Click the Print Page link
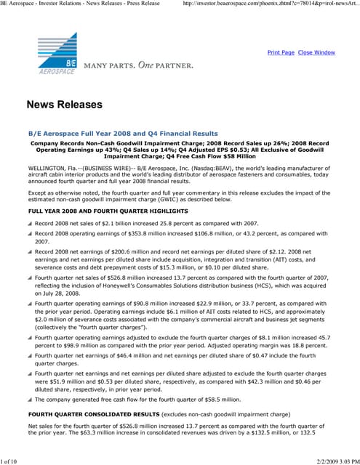point(281,53)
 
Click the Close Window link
point(316,53)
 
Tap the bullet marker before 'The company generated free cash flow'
point(30,400)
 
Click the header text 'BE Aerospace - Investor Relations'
point(44,4)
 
